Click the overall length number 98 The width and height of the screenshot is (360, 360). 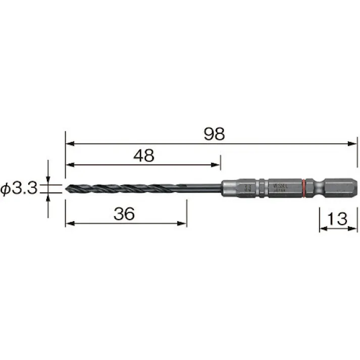click(x=214, y=134)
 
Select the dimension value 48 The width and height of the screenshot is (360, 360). click(x=144, y=156)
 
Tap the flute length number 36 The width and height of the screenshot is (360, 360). click(x=124, y=214)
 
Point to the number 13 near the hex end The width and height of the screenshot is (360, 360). click(x=337, y=219)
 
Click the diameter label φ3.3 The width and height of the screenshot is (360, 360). click(x=20, y=189)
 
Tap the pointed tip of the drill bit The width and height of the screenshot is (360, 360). click(x=67, y=189)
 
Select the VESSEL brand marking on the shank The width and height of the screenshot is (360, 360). click(x=279, y=185)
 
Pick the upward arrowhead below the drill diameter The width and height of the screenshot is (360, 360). click(x=48, y=197)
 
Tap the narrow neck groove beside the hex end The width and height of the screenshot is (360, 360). click(x=317, y=188)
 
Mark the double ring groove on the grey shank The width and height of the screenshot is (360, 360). click(x=263, y=188)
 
